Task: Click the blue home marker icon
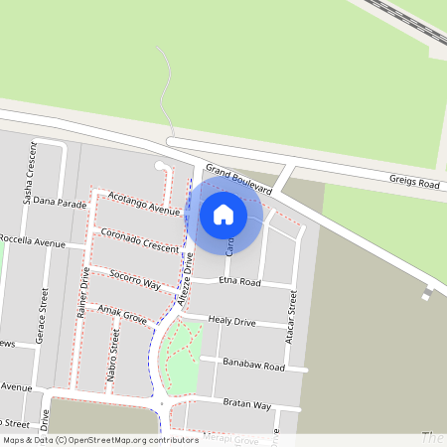click(223, 214)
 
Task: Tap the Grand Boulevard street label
click(238, 180)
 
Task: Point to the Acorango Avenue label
click(144, 203)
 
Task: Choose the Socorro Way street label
click(135, 279)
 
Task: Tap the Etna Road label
click(239, 282)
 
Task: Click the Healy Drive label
click(231, 322)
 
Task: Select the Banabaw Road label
click(253, 366)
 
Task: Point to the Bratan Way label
click(247, 404)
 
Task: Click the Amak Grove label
click(122, 316)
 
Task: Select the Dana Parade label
click(60, 201)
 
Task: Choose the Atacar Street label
click(292, 317)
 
